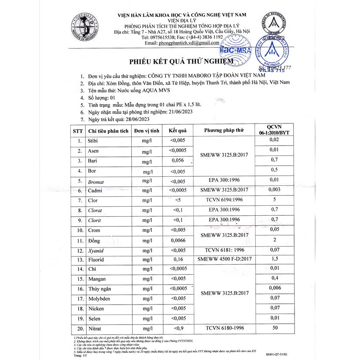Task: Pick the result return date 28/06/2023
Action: [x=129, y=119]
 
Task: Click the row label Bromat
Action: [x=96, y=181]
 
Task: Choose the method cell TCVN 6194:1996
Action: [x=224, y=201]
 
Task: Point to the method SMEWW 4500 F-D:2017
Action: [x=224, y=260]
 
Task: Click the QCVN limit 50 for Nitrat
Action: [x=274, y=328]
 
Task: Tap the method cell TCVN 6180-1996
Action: [x=224, y=328]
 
